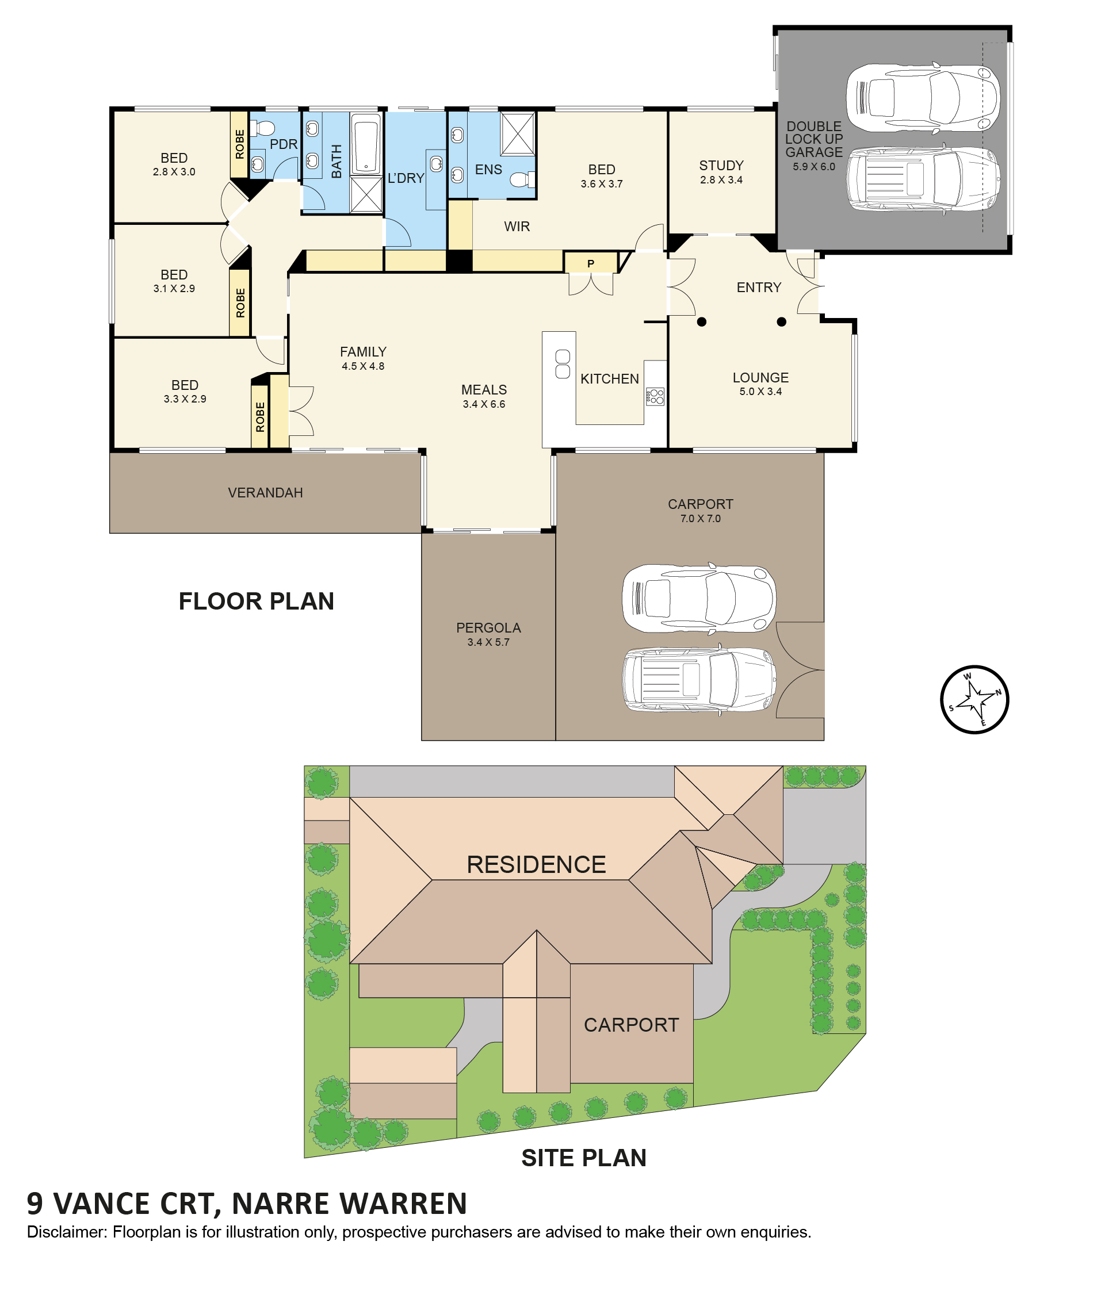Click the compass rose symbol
tap(974, 699)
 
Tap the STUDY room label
tap(721, 166)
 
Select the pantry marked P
tap(591, 262)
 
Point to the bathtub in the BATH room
tap(366, 144)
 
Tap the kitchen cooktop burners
tap(655, 396)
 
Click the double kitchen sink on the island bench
tap(562, 365)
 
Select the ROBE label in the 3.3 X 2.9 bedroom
tap(260, 417)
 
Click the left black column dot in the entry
tap(702, 322)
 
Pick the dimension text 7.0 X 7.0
tap(701, 518)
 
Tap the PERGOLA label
tap(488, 627)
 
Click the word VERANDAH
tap(265, 493)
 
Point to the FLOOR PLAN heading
tap(257, 602)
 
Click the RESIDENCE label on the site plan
tap(536, 864)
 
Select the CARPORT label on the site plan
tap(630, 1025)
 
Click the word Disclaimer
tap(67, 1232)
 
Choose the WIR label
tap(517, 226)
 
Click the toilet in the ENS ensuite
tap(522, 180)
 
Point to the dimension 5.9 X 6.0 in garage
tap(814, 166)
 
